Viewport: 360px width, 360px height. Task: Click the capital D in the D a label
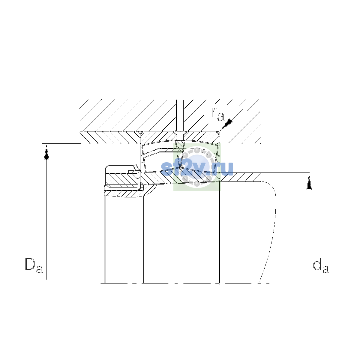[x=30, y=264]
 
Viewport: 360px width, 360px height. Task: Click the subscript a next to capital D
[x=39, y=269]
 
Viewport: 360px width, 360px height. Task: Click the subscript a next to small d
[x=325, y=269]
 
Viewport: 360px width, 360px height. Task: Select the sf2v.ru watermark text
[x=197, y=169]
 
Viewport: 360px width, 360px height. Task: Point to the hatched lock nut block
[x=122, y=179]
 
